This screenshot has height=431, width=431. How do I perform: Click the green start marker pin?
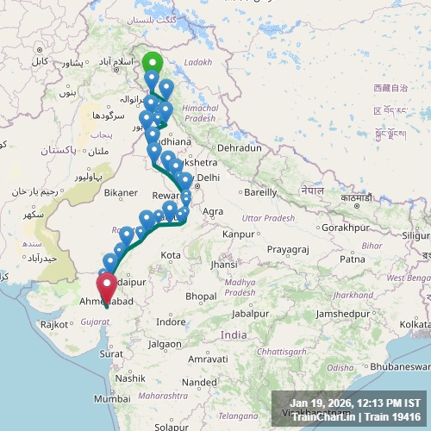coord(152,64)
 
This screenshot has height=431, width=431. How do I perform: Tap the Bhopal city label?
coord(201,296)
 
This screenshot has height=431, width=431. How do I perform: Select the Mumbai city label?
coord(113,399)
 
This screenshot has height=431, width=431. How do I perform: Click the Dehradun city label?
coord(239,148)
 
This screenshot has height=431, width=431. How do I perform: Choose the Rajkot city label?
coord(53,324)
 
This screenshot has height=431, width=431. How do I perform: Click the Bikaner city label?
coord(120,192)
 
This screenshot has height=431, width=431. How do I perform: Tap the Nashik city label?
coord(130,378)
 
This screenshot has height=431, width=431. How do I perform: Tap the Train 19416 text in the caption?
coord(396,417)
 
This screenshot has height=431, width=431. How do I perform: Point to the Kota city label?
coord(171,255)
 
